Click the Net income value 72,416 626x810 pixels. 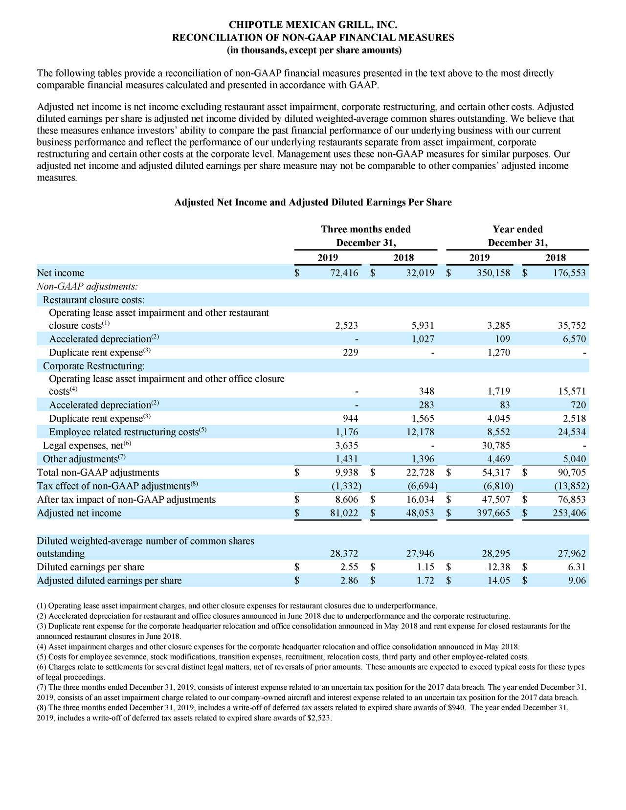pyautogui.click(x=344, y=273)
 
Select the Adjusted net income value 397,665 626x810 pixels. pyautogui.click(x=493, y=513)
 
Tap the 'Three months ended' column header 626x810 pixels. pyautogui.click(x=365, y=229)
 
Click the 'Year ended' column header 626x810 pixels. pyautogui.click(x=517, y=229)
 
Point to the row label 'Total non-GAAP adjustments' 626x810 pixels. pyautogui.click(x=98, y=472)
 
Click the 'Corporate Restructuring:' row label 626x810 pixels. pyautogui.click(x=94, y=366)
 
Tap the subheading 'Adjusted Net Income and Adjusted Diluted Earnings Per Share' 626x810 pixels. pyautogui.click(x=313, y=202)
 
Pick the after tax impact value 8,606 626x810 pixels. pyautogui.click(x=346, y=499)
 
